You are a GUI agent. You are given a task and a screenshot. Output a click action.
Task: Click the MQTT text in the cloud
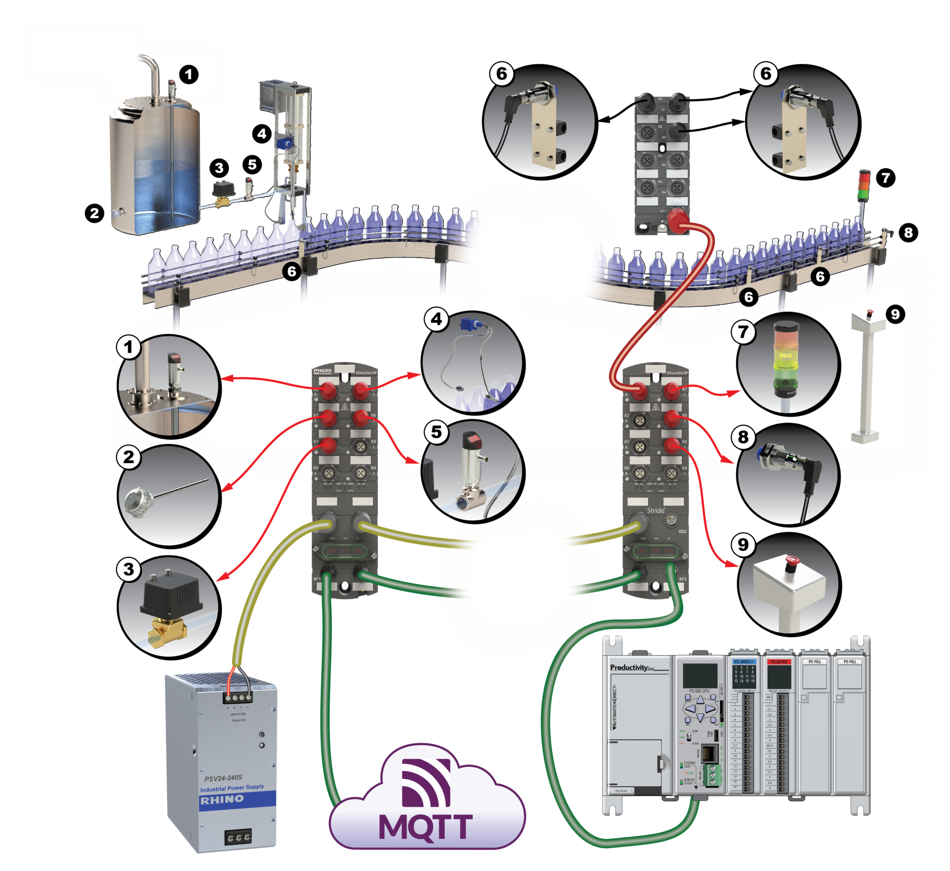pos(426,826)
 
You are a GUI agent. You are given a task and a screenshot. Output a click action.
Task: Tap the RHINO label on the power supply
pos(222,800)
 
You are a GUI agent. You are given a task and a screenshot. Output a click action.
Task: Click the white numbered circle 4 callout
pos(436,320)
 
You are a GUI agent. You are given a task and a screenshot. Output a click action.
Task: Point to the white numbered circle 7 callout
pos(743,332)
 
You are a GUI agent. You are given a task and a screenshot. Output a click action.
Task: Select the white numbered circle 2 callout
pos(129,457)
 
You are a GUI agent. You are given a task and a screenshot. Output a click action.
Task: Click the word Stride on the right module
pos(656,510)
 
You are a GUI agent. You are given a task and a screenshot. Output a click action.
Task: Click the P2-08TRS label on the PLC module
pos(779,662)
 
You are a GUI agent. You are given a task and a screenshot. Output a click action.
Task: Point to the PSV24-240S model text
pos(223,778)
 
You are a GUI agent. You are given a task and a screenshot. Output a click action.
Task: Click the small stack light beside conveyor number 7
pos(864,185)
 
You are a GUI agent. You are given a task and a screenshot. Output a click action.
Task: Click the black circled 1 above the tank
pos(189,75)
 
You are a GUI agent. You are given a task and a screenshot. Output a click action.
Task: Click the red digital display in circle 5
pos(475,438)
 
